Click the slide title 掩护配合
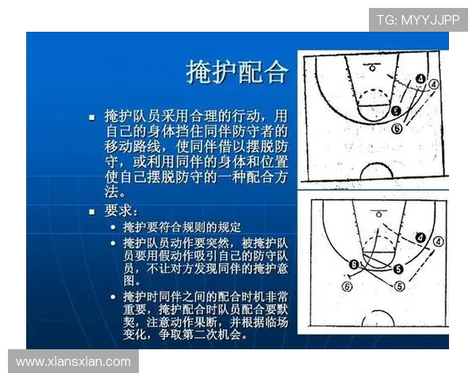pos(236,71)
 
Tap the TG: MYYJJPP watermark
pos(417,20)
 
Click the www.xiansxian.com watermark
pos(73,361)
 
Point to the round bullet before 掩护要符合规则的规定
pos(113,228)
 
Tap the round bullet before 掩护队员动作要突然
pos(113,244)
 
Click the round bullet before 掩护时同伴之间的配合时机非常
pos(113,296)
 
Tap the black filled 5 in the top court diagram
pos(396,111)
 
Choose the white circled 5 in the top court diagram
pos(397,127)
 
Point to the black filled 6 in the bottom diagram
pos(354,264)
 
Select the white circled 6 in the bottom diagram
pos(346,287)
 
